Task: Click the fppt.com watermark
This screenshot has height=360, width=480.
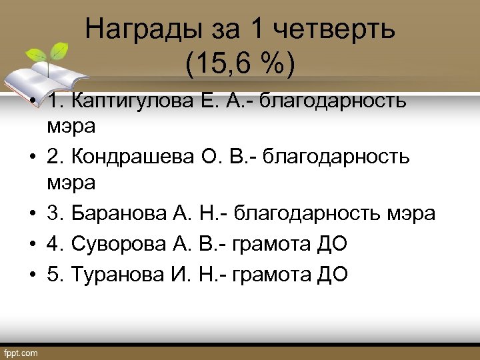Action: (x=21, y=353)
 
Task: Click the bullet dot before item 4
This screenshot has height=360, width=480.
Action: (x=31, y=244)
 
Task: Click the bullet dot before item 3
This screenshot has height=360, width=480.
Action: (x=31, y=215)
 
